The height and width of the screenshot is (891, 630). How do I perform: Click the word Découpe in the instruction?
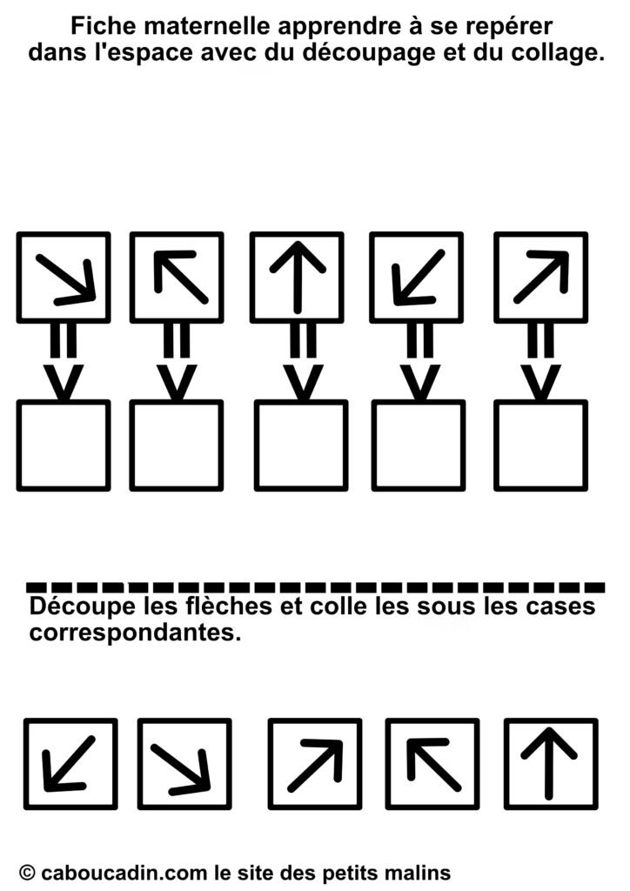pos(83,606)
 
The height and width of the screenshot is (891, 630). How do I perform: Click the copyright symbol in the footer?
pos(27,872)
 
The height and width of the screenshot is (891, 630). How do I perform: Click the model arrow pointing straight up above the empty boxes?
pos(297,277)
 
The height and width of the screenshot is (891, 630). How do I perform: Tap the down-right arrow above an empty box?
pos(65,278)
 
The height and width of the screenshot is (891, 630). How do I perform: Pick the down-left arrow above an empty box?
pos(418,277)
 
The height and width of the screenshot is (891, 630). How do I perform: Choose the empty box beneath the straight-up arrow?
pos(301,445)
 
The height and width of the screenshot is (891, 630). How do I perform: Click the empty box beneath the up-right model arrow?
pos(541,445)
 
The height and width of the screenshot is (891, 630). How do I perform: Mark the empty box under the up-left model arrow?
pos(177,445)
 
